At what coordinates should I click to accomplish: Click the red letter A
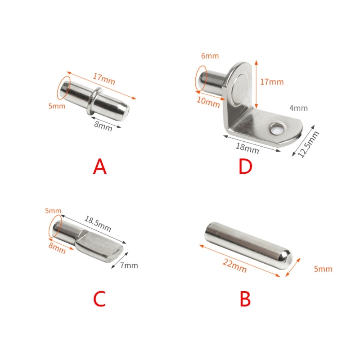(x=100, y=166)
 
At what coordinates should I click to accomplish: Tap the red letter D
(x=245, y=166)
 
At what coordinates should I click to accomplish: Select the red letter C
(x=99, y=299)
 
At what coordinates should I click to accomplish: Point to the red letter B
(x=245, y=299)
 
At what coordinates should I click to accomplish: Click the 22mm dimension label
(x=234, y=266)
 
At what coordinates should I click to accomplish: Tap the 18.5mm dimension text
(x=98, y=224)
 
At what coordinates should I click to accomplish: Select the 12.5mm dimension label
(x=308, y=144)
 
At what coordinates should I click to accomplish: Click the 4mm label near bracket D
(x=298, y=108)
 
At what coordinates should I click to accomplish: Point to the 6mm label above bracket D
(x=210, y=56)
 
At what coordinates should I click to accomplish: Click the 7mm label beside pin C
(x=129, y=265)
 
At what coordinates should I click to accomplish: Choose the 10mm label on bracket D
(x=208, y=102)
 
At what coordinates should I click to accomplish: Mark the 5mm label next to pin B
(x=323, y=269)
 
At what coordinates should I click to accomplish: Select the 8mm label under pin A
(x=103, y=126)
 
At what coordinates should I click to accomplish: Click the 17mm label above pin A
(x=104, y=79)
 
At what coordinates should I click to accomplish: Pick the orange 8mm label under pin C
(x=57, y=248)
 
